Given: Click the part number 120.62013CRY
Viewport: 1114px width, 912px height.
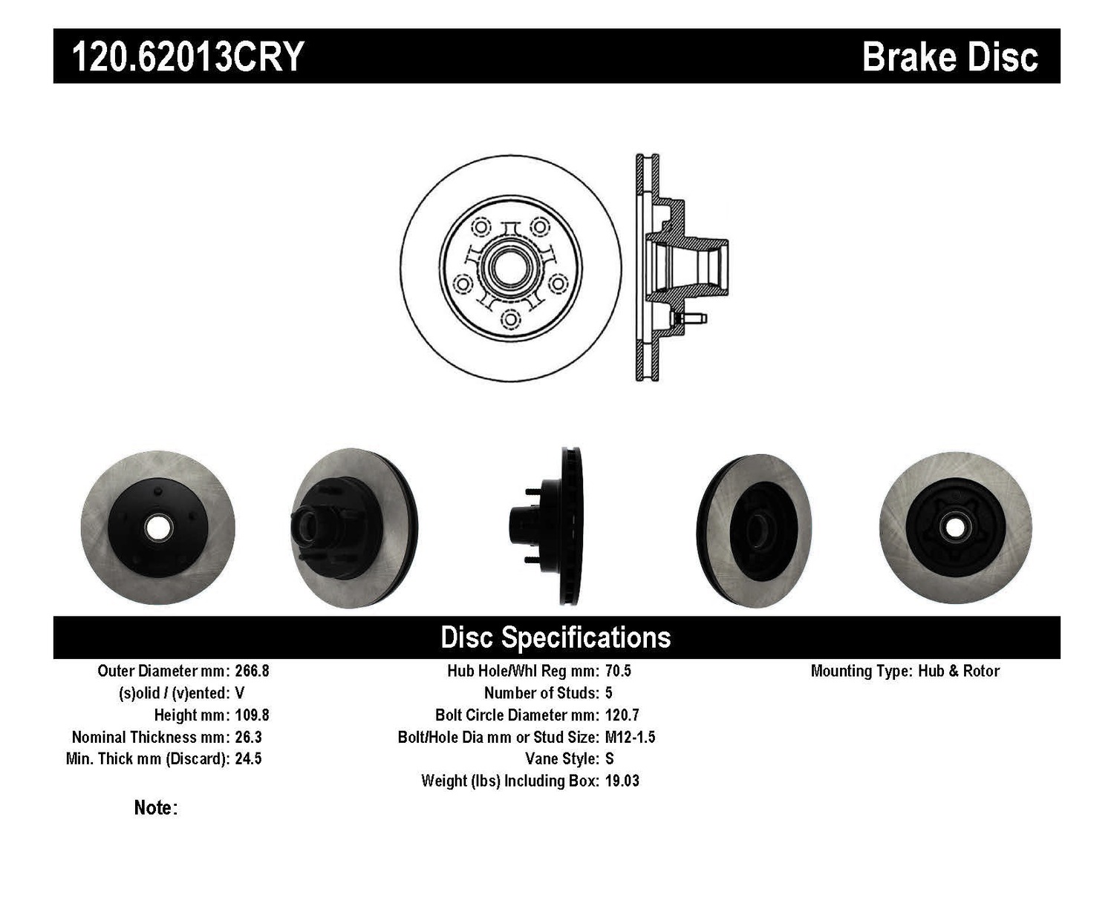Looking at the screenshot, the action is click(188, 56).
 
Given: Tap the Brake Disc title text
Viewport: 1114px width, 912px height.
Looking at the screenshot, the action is click(950, 57).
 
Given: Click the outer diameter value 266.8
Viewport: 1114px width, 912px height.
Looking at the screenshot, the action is click(252, 671).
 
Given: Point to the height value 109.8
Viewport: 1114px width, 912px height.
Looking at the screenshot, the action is click(252, 715).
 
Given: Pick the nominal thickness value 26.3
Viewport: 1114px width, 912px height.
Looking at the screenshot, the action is click(248, 738).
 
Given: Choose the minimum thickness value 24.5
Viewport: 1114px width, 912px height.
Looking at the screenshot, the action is click(248, 759).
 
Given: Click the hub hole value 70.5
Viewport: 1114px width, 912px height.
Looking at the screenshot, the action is click(618, 671).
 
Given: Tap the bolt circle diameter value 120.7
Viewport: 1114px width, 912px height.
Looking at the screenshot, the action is click(622, 715).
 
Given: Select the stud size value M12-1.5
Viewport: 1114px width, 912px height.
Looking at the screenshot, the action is click(631, 738).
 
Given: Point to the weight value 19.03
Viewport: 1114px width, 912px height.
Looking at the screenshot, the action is click(622, 781).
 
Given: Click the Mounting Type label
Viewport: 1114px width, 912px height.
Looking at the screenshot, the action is click(861, 671).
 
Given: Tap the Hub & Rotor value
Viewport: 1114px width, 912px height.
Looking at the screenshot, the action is click(959, 671).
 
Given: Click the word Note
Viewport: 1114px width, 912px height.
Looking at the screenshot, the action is click(156, 807).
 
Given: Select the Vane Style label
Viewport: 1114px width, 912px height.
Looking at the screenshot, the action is click(562, 759).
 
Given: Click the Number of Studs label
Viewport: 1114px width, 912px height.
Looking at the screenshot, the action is click(541, 693).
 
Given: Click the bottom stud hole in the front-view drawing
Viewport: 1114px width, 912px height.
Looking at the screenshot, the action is click(511, 319).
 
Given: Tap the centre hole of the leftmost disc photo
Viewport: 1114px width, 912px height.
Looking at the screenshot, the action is click(158, 528).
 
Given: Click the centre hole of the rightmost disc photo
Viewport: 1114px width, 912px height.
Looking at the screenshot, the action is click(955, 528).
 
